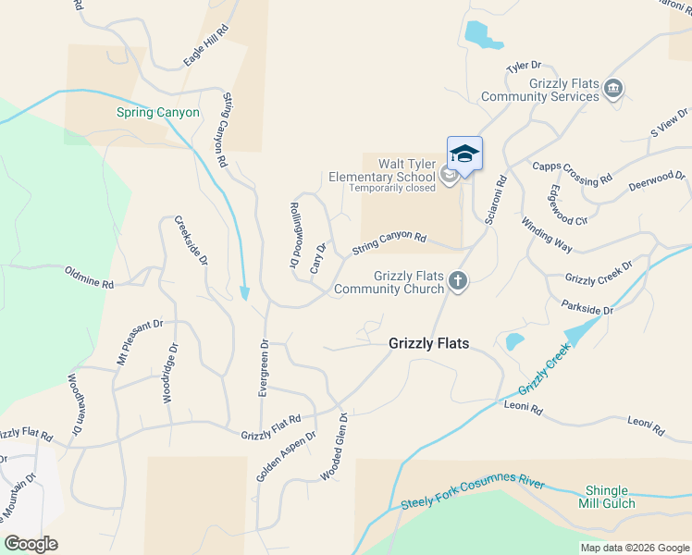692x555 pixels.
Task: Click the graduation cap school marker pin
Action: [464, 154]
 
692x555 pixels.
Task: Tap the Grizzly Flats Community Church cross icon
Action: [457, 280]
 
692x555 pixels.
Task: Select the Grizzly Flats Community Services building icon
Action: [612, 90]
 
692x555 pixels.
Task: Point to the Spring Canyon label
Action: [157, 113]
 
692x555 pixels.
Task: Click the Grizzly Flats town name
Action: [428, 343]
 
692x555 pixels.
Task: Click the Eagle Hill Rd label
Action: [205, 45]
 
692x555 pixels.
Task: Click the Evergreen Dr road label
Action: [264, 368]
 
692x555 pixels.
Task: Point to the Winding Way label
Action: [547, 235]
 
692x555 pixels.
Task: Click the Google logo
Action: [31, 543]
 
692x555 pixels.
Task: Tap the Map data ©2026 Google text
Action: [634, 548]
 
